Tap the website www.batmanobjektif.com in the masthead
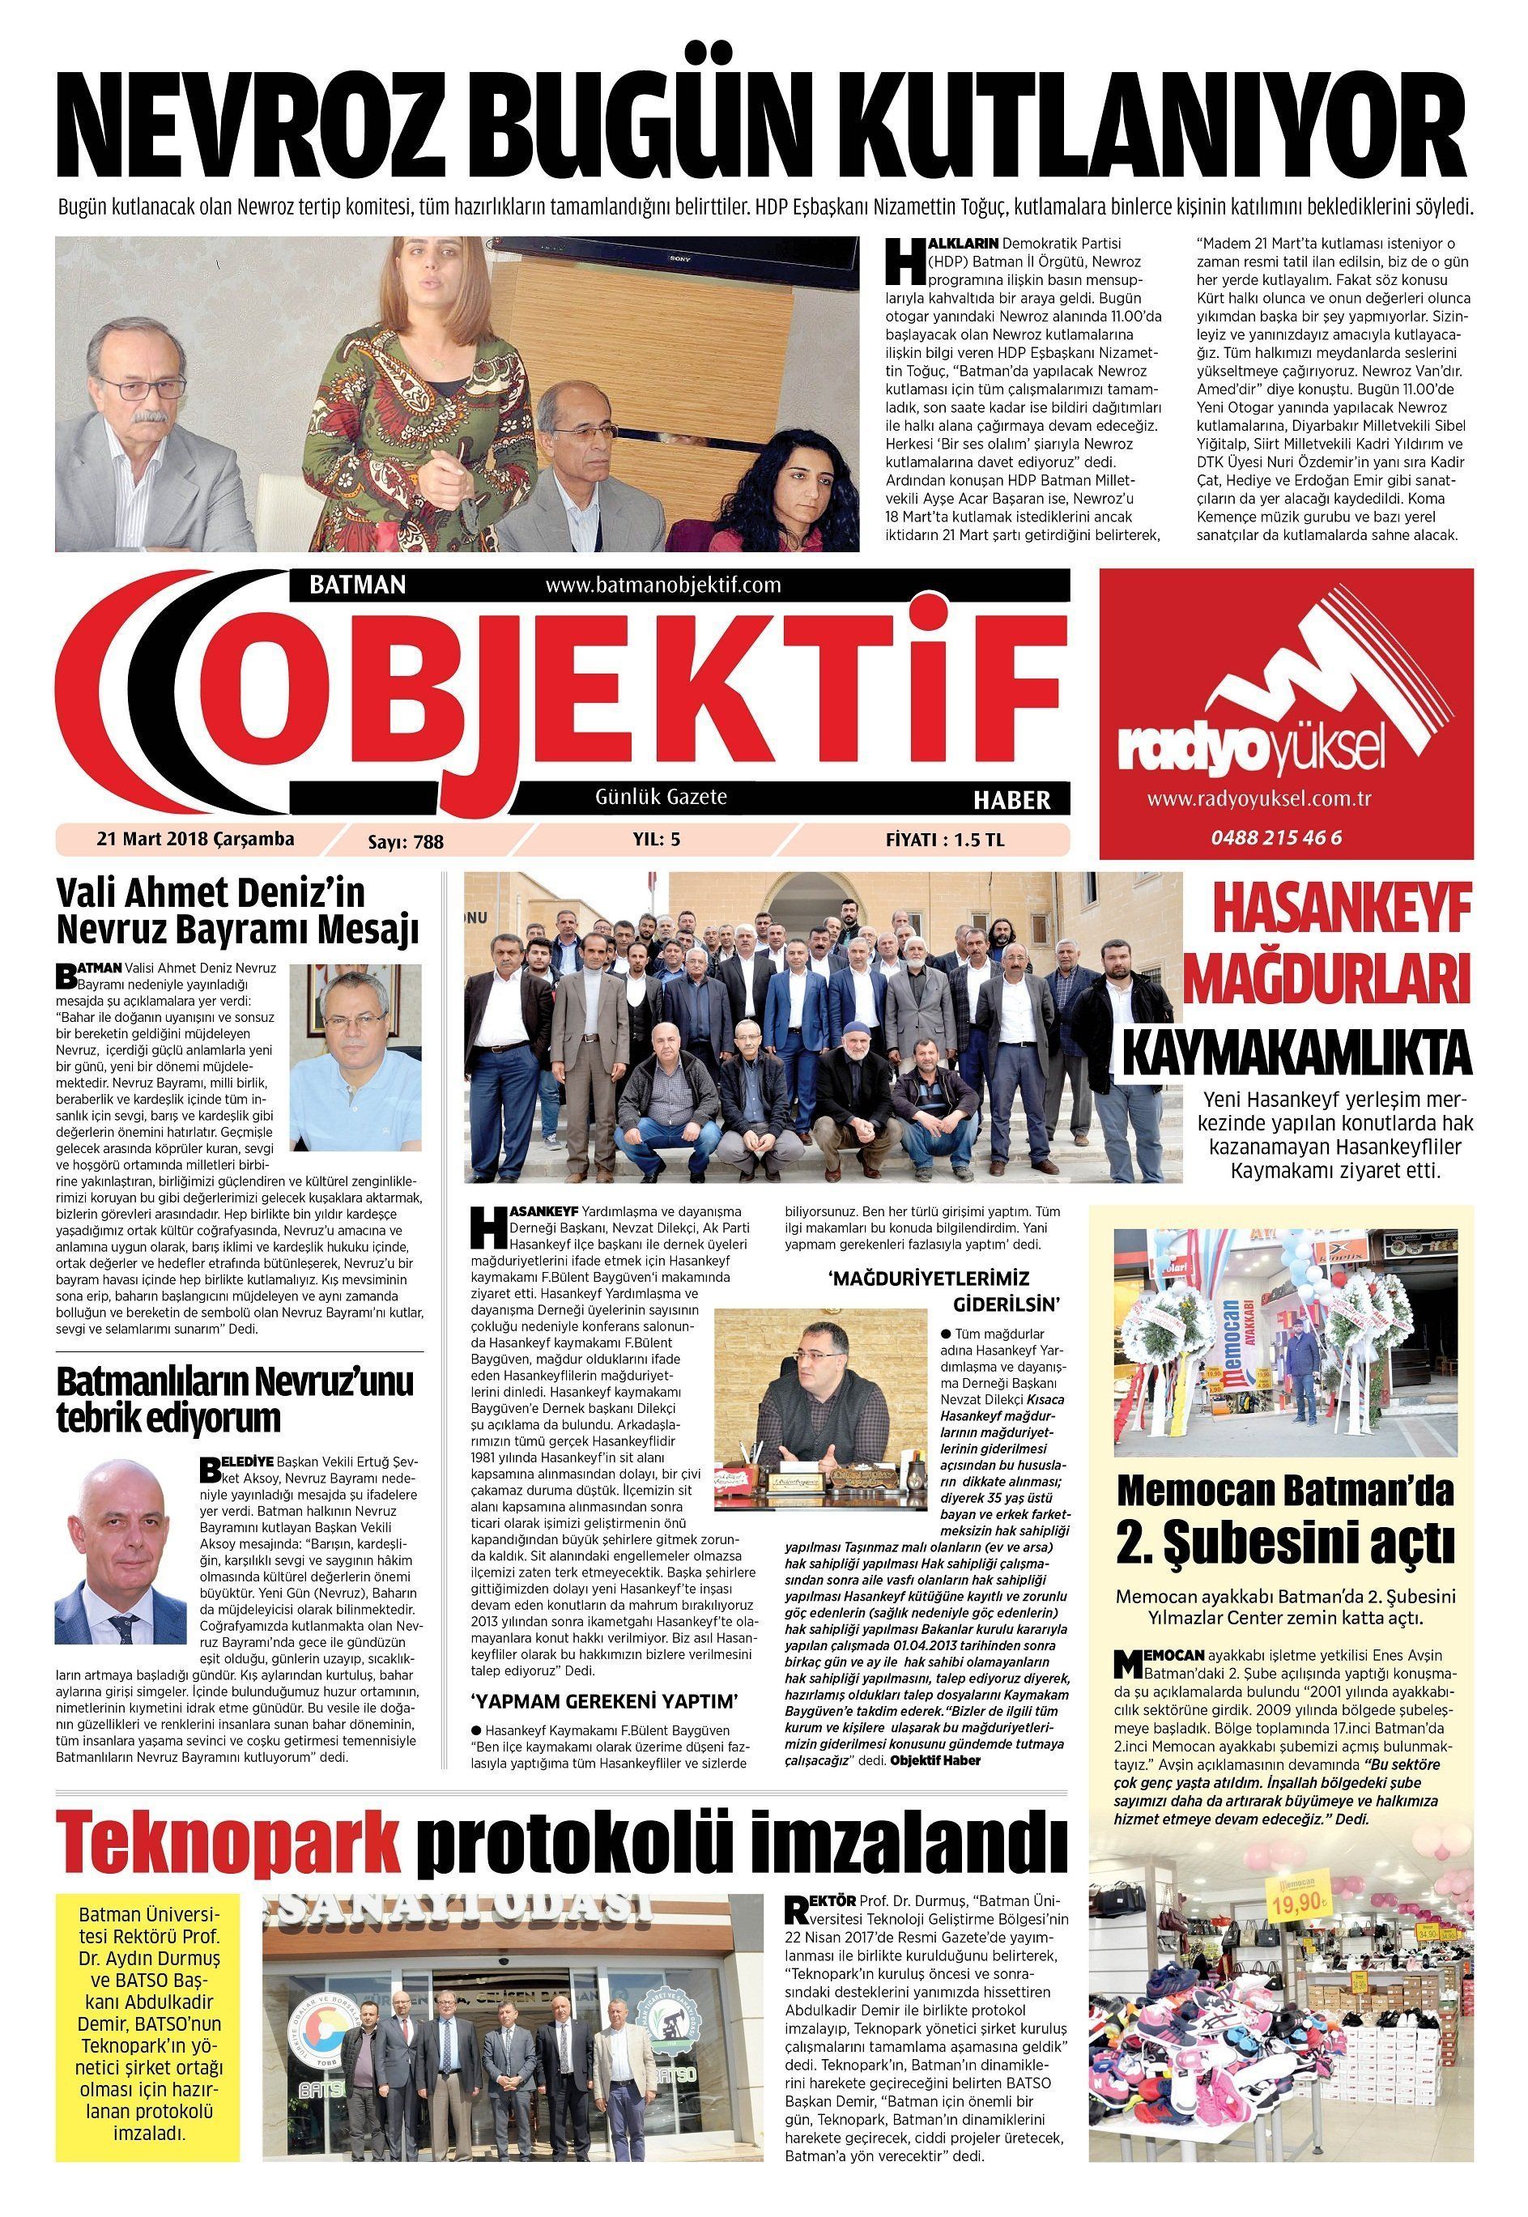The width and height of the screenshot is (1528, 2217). coord(662,585)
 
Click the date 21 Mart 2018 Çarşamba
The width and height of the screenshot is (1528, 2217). coord(195,839)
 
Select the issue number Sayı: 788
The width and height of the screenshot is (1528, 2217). coord(406,841)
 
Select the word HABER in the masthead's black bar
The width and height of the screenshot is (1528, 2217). coord(1011,799)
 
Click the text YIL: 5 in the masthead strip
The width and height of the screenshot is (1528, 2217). coord(656,840)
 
